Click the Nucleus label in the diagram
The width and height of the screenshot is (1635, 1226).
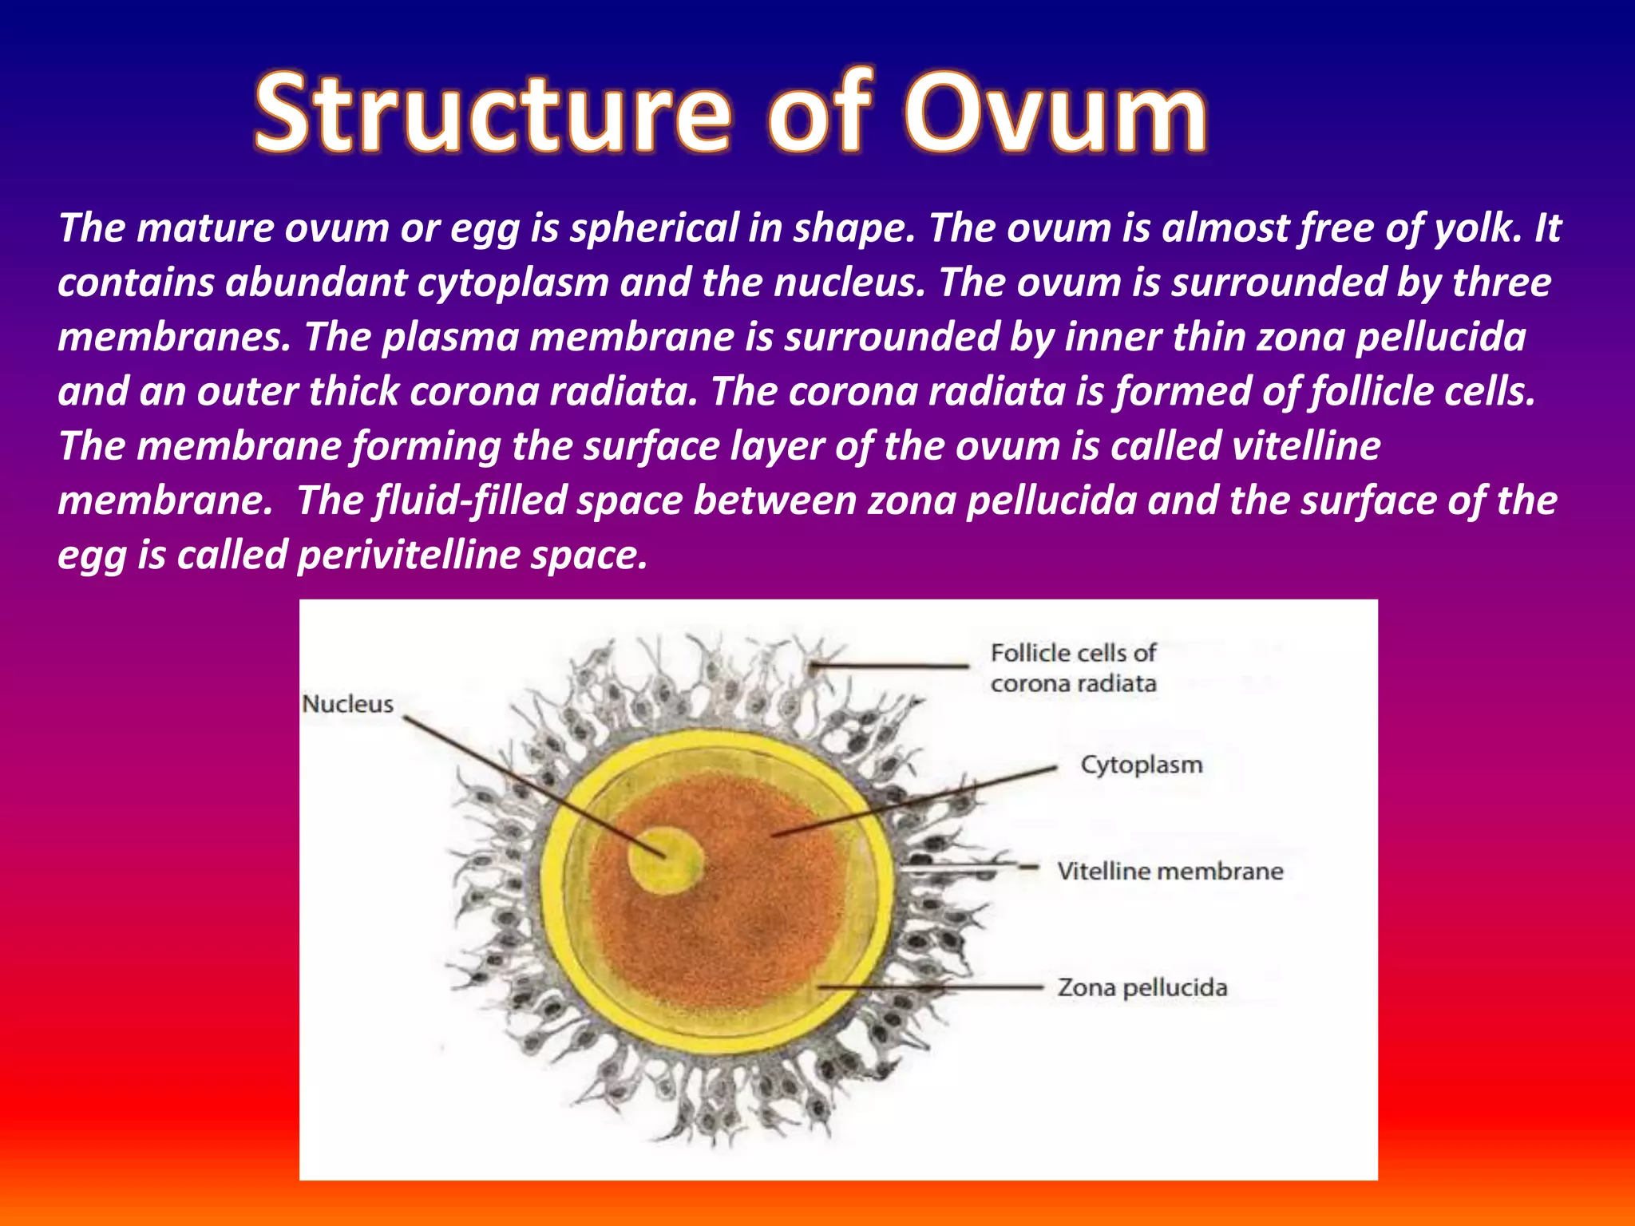pos(347,704)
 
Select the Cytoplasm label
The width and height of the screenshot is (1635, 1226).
pos(1141,765)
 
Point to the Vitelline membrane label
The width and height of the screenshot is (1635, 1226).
pos(1170,871)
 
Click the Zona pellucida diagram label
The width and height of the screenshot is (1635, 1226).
pos(1142,987)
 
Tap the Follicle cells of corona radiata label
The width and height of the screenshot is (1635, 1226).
pos(1073,668)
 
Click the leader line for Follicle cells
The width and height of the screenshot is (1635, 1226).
pos(886,665)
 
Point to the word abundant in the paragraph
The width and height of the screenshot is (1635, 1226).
pos(315,283)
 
